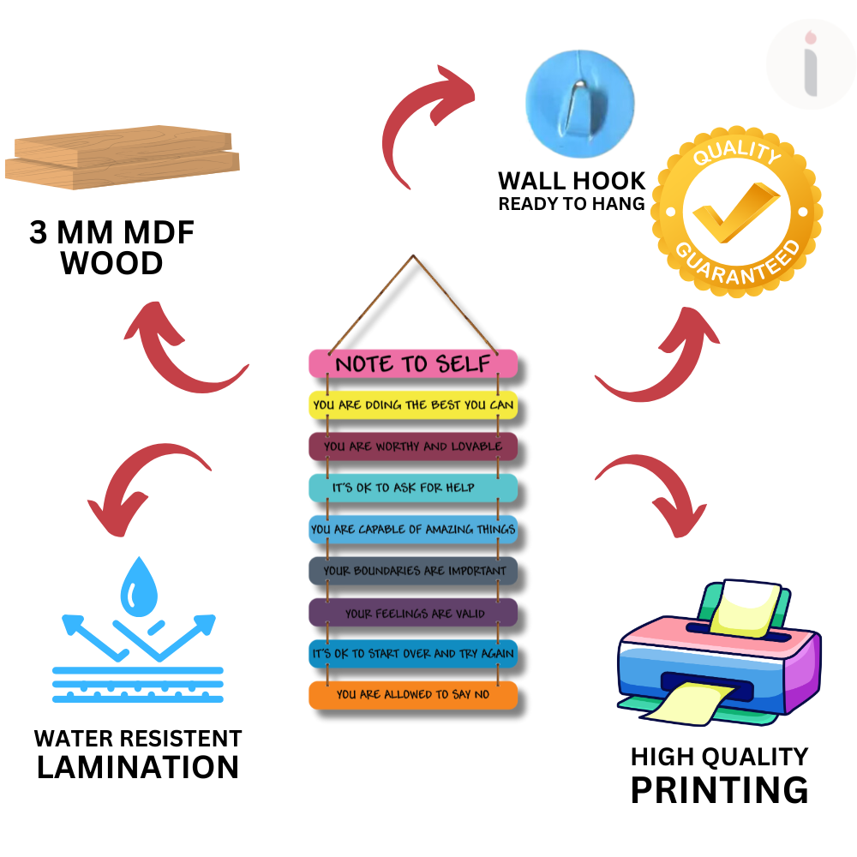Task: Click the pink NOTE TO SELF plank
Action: tap(412, 363)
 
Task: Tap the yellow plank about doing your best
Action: tap(413, 405)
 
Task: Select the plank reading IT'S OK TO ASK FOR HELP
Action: tap(412, 487)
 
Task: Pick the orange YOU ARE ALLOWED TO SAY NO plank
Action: tap(413, 694)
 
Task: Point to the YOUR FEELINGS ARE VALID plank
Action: tap(413, 613)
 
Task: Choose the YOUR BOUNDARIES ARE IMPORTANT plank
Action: tap(413, 571)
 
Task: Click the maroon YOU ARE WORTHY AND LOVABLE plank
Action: tap(413, 446)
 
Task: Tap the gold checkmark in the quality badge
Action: tap(735, 210)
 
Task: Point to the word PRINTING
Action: tap(719, 788)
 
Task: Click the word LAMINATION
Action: tap(138, 767)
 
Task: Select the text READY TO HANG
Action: tap(571, 204)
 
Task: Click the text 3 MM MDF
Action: tap(111, 233)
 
